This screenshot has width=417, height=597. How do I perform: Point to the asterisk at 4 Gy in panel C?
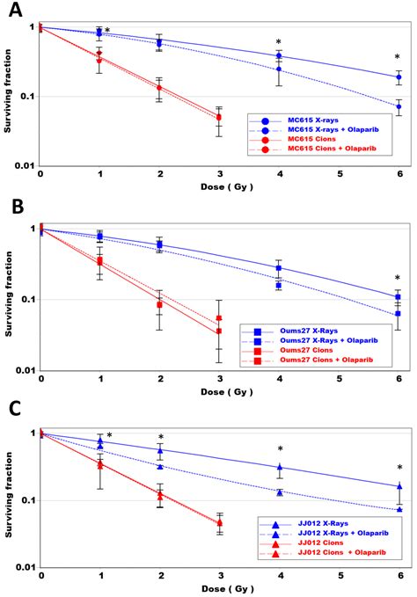280,449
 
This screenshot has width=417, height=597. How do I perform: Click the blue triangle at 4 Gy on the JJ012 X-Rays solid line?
279,468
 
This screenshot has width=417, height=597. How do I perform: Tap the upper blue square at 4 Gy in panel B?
279,268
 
